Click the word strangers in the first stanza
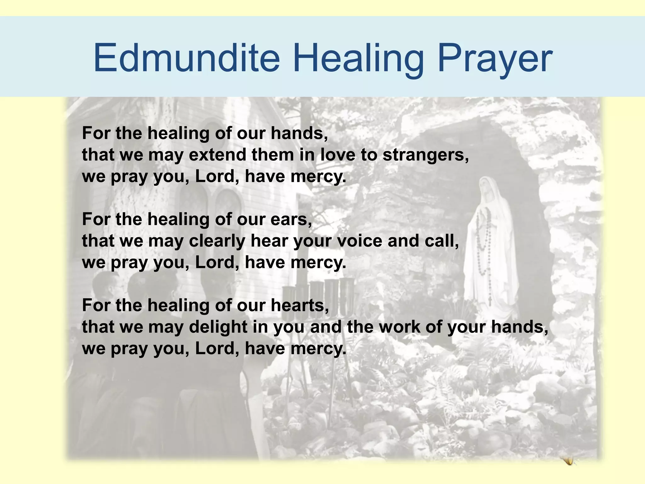(425, 155)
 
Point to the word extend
(217, 155)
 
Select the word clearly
(217, 241)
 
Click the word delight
(218, 327)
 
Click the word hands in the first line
(299, 133)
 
